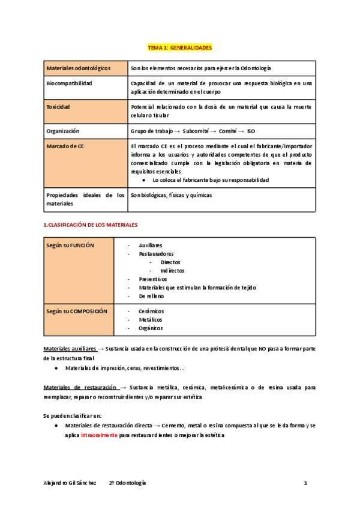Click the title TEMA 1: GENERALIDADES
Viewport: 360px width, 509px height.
tap(180, 47)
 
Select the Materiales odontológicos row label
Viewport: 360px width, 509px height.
tap(78, 69)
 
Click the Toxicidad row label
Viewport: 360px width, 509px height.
tap(58, 107)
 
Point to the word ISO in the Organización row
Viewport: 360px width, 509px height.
tap(251, 130)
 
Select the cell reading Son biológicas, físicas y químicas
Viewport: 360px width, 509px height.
tap(171, 195)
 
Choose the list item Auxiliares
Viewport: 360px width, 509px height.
tap(150, 245)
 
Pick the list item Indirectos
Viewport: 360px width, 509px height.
tap(173, 271)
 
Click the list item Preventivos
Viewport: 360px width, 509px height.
tap(153, 279)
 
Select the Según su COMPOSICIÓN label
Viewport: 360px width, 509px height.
tap(76, 312)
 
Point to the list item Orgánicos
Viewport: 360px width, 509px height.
tap(151, 328)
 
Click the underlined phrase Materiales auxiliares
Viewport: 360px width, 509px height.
tap(70, 349)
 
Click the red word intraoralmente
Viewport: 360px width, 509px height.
tap(99, 435)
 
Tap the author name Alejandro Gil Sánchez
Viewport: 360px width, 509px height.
tap(70, 483)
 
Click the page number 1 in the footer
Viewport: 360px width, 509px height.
tap(305, 483)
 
